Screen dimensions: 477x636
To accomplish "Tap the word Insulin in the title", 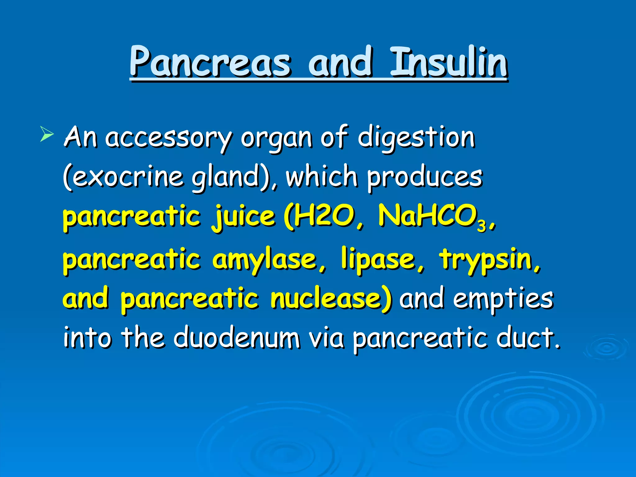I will click(x=449, y=62).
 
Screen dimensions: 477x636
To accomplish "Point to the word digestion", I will click(x=416, y=138).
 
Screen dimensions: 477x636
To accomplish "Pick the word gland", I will click(x=225, y=178).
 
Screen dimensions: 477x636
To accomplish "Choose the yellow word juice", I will click(x=244, y=217).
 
